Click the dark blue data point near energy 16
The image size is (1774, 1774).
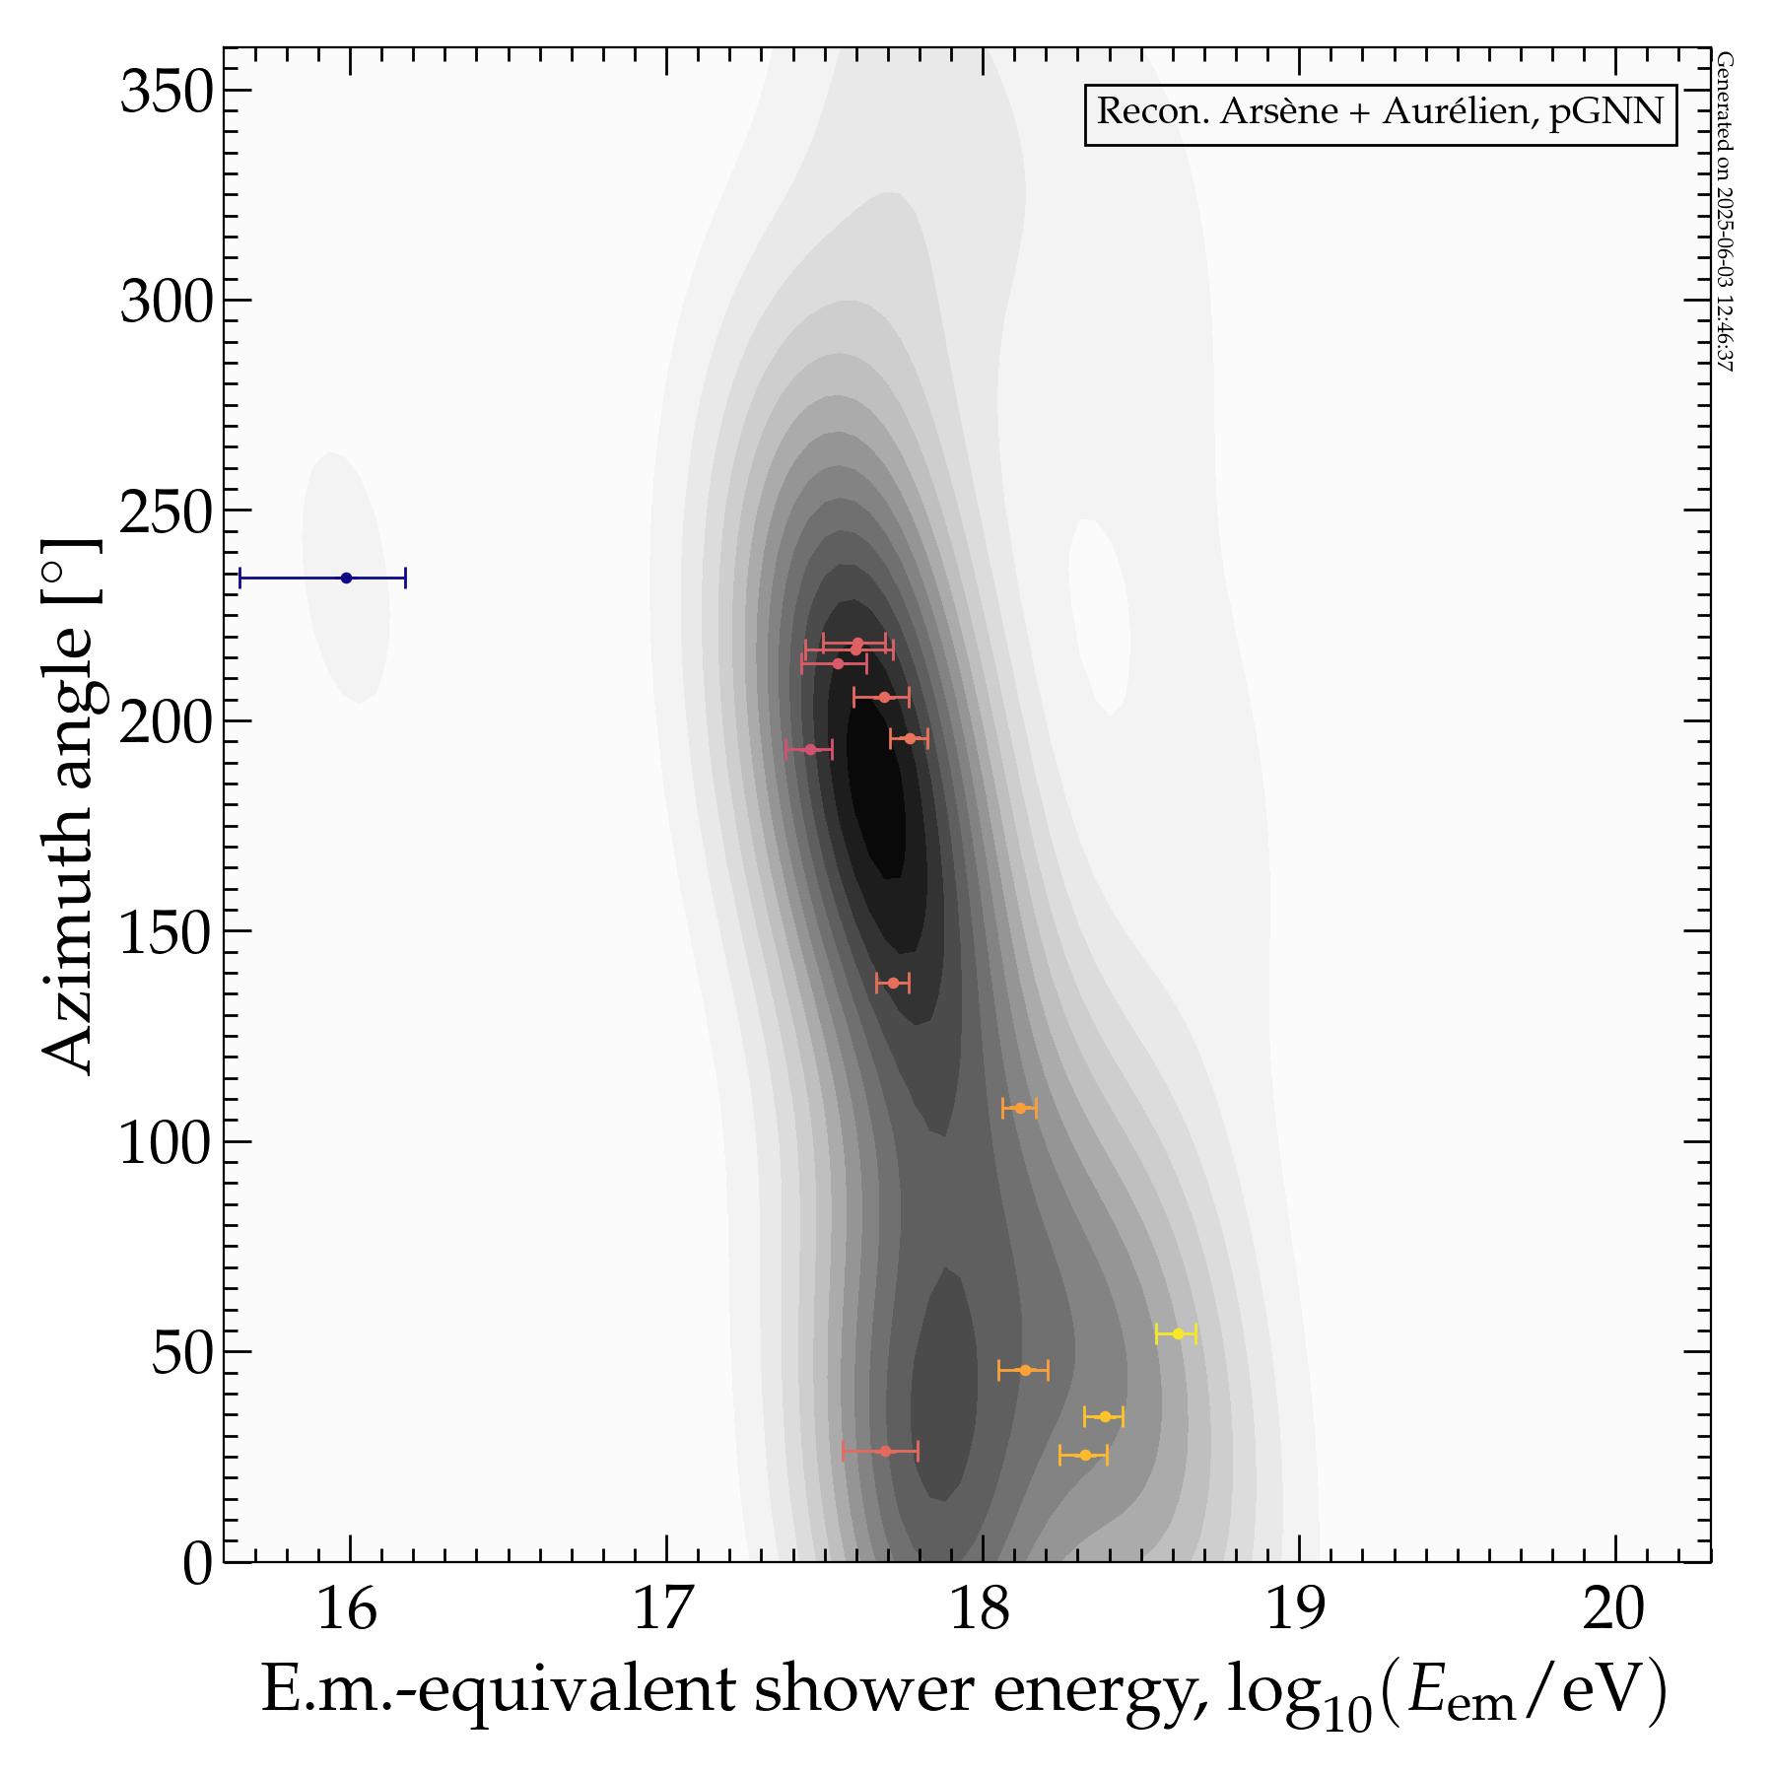pyautogui.click(x=346, y=578)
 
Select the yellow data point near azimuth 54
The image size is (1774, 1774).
pyautogui.click(x=1177, y=1333)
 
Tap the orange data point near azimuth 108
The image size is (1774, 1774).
pyautogui.click(x=1020, y=1108)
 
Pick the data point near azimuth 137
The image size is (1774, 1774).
pyautogui.click(x=893, y=983)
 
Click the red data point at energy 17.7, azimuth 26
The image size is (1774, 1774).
pyautogui.click(x=884, y=1451)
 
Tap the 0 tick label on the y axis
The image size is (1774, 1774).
pyautogui.click(x=197, y=1566)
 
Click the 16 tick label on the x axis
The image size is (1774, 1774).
pyautogui.click(x=348, y=1612)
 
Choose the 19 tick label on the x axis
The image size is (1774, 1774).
pyautogui.click(x=1298, y=1612)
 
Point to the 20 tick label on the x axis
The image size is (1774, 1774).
pyautogui.click(x=1614, y=1612)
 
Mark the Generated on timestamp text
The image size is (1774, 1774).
pyautogui.click(x=1724, y=212)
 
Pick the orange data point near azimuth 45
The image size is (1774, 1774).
pyautogui.click(x=1024, y=1370)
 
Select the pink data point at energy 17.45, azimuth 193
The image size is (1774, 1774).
pyautogui.click(x=810, y=749)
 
